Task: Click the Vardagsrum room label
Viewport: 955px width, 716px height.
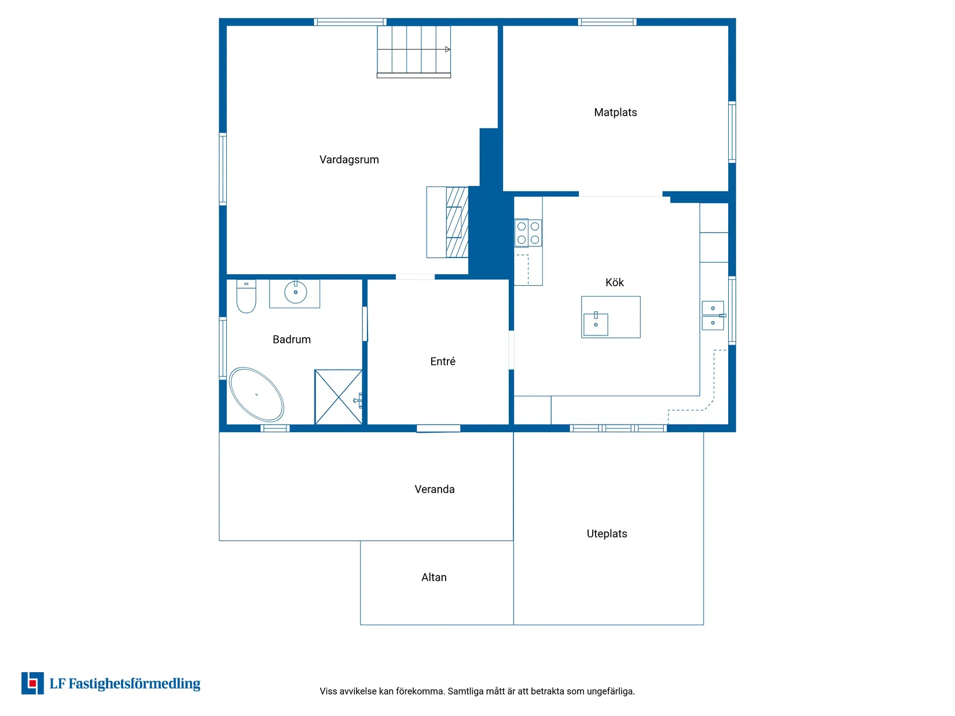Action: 349,160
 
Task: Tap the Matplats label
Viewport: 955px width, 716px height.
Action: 615,112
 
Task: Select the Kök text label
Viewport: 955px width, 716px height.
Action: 614,282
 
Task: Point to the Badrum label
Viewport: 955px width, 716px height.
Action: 292,339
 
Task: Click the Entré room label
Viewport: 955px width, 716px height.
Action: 442,361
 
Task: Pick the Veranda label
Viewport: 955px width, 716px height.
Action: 434,489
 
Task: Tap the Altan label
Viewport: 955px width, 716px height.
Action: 434,577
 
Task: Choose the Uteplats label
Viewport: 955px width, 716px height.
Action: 607,533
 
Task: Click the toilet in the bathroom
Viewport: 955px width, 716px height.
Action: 246,296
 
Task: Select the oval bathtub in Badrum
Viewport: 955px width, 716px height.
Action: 256,394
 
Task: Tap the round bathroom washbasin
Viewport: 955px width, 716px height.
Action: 295,291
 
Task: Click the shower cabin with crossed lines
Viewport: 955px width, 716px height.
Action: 338,397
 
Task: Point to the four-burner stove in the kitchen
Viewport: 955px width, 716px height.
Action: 528,233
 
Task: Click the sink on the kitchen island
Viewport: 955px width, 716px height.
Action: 595,323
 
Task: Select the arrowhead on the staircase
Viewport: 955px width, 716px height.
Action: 447,50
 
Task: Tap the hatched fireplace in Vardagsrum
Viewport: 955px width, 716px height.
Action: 457,222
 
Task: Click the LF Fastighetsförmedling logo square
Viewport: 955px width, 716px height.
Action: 32,683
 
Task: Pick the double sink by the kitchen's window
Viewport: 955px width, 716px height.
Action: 712,316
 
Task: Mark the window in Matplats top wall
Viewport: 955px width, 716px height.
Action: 607,22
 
